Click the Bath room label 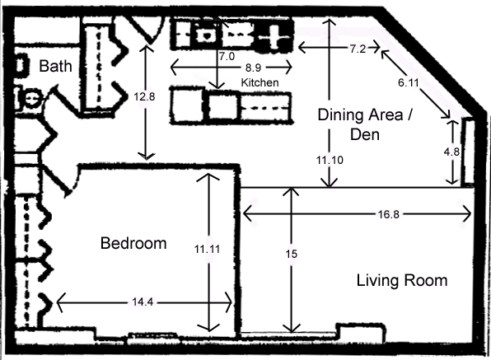(x=55, y=66)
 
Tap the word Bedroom (x=133, y=243)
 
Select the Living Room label (x=402, y=280)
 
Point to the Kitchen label (x=260, y=82)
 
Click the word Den (x=365, y=134)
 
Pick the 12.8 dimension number (x=144, y=96)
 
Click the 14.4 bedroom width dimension (x=143, y=302)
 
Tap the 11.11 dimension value (x=207, y=249)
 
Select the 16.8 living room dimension (x=388, y=214)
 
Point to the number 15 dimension (x=291, y=254)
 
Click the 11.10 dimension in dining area (x=330, y=160)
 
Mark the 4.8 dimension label (x=451, y=152)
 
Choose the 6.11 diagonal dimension (x=409, y=82)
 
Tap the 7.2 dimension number (x=358, y=49)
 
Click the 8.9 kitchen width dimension (x=253, y=68)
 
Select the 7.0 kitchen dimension (x=227, y=57)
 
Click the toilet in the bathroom (x=30, y=98)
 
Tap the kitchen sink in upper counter (x=206, y=35)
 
